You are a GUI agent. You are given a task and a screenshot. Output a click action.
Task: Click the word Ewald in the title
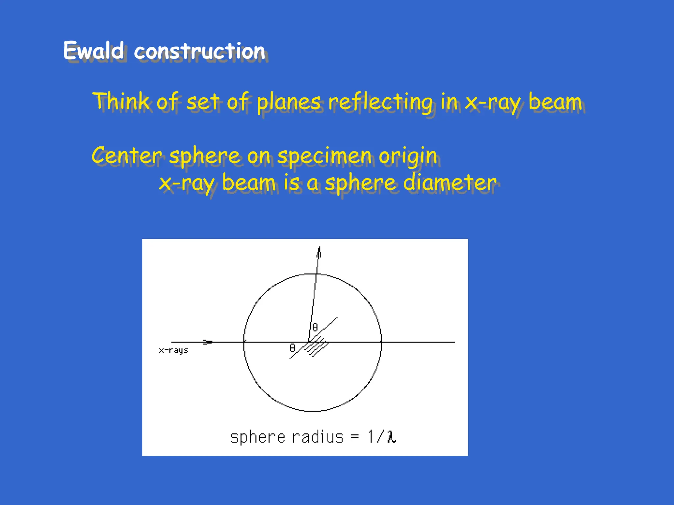coord(93,51)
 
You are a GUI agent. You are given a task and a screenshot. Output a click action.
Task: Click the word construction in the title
coord(199,52)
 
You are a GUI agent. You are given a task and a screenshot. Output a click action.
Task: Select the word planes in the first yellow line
coord(289,102)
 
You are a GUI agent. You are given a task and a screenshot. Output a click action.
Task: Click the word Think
coord(121,101)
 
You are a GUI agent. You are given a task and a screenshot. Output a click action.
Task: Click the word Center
coord(127,156)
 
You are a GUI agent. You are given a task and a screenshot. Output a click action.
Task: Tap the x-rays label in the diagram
coord(173,350)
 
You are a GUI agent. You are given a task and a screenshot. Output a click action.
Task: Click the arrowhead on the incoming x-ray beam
coord(208,342)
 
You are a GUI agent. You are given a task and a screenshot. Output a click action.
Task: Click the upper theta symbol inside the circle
coord(315,327)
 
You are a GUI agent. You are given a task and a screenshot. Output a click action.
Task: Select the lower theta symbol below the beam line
coord(292,348)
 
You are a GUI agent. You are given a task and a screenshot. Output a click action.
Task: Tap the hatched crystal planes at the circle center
coord(316,347)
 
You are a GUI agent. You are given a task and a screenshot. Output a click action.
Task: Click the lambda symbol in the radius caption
coord(392,437)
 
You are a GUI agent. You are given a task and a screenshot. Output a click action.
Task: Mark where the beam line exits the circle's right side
coord(381,342)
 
